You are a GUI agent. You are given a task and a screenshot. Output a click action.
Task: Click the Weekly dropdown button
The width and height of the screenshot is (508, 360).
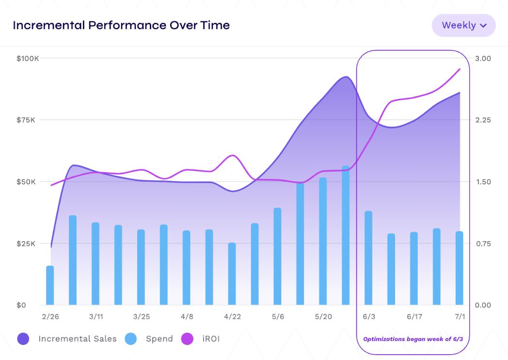point(463,25)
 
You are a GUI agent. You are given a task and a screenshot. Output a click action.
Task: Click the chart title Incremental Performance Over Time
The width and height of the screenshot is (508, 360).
point(121,25)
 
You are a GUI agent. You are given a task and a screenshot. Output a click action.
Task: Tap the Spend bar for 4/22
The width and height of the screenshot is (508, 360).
point(232,274)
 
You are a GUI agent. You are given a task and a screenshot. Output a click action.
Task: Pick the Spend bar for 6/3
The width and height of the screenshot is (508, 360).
point(368,258)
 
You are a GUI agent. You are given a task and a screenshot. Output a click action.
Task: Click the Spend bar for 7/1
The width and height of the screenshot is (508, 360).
point(460,268)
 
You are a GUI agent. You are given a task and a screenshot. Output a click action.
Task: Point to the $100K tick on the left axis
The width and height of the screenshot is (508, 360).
point(28,58)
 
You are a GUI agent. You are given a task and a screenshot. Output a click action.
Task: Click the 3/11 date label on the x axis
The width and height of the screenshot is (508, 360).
point(96,317)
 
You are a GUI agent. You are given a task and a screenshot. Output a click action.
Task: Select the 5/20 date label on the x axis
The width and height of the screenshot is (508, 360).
point(323,317)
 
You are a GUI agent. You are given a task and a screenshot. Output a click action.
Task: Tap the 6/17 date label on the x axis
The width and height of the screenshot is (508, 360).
point(414,317)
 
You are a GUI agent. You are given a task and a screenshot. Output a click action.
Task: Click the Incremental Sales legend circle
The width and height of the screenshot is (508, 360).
point(23,339)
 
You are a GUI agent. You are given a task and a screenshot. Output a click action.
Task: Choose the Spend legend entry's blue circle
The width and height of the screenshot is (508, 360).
point(130,339)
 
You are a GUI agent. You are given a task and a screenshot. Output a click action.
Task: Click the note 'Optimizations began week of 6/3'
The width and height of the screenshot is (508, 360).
point(413,339)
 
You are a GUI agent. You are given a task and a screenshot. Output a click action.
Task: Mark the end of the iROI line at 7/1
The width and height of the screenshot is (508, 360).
point(460,69)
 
